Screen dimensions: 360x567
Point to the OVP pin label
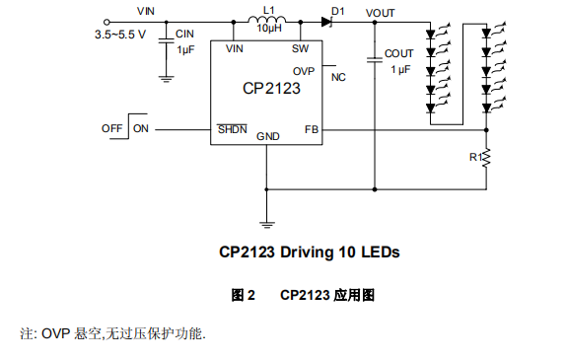[x=305, y=70]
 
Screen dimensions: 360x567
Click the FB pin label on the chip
[x=311, y=129]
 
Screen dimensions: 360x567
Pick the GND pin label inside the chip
[x=268, y=136]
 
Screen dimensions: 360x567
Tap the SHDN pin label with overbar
[x=233, y=129]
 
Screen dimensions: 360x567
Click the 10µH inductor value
[x=269, y=31]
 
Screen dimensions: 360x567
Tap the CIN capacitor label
[x=185, y=34]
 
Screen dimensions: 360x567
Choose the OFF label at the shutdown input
[x=111, y=128]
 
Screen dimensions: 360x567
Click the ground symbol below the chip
[x=266, y=224]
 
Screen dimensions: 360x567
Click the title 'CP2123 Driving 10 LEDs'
[x=309, y=252]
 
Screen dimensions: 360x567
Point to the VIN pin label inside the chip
[x=235, y=48]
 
